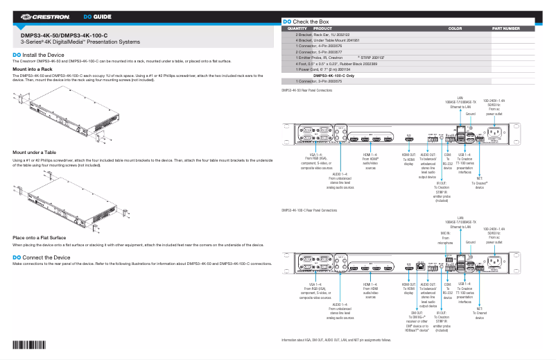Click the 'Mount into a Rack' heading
pos(33,69)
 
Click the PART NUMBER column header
pos(505,29)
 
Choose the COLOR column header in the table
pos(455,29)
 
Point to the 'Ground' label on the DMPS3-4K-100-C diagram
pos(471,243)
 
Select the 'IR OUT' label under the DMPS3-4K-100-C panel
pos(442,316)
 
